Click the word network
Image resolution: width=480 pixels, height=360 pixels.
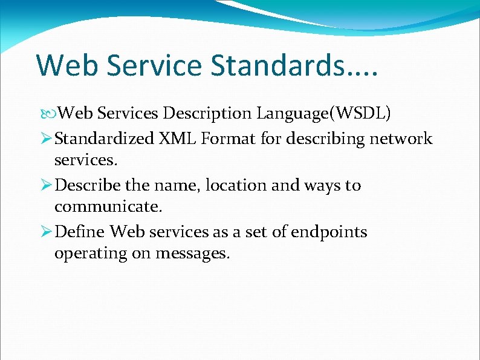401,139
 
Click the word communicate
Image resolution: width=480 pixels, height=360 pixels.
108,207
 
